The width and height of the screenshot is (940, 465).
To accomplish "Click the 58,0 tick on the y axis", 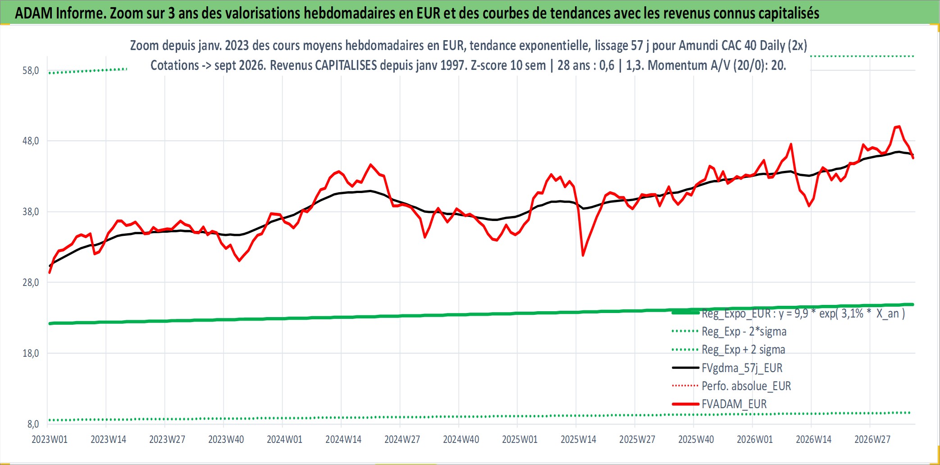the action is [31, 71].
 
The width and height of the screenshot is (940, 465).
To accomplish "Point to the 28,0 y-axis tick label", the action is [31, 283].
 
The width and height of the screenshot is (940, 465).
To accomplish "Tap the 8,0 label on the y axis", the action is [33, 424].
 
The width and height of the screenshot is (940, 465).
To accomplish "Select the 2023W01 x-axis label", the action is [50, 439].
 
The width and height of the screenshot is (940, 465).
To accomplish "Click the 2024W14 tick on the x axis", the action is [343, 439].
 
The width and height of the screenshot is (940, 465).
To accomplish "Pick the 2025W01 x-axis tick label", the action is [520, 439].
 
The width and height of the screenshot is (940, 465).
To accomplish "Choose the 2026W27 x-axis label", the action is [872, 439].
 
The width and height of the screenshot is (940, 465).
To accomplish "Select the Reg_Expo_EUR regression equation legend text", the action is [803, 313].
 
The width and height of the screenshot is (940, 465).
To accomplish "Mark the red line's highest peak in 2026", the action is [899, 126].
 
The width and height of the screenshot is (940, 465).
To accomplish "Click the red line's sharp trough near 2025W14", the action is [583, 256].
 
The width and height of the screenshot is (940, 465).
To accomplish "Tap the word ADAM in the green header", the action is [34, 13].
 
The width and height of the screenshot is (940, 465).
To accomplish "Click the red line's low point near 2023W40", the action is [239, 261].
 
